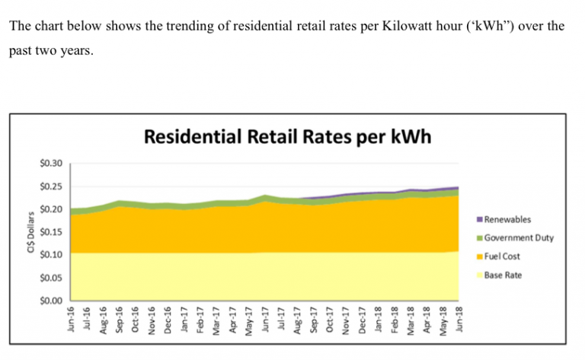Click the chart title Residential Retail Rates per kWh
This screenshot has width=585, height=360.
[286, 137]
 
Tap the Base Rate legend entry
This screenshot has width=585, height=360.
[503, 275]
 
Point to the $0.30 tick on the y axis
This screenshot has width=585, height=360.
[51, 164]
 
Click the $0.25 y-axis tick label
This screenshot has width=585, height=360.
[51, 186]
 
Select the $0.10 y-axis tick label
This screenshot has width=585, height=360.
[51, 255]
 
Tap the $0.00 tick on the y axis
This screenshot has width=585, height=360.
[51, 301]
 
